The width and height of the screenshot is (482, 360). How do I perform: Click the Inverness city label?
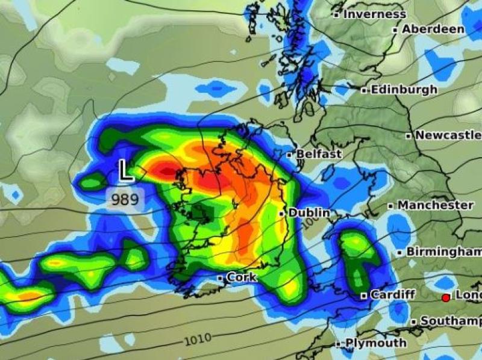point(375,14)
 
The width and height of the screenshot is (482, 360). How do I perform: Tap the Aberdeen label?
point(433,29)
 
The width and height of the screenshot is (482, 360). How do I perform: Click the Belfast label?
point(318,154)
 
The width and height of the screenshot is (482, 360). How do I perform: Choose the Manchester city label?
point(435,205)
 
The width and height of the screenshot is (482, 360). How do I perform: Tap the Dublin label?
point(309,213)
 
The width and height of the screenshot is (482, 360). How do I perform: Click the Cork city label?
point(242,278)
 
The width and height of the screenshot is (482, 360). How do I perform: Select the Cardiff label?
point(393,295)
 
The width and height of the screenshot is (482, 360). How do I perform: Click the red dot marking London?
point(446,297)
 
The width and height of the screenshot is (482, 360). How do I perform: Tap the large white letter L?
point(125,171)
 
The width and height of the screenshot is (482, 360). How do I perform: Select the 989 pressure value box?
point(125,199)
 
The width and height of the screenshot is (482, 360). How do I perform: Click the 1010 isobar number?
point(197,340)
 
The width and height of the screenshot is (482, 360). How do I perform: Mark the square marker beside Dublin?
point(282,213)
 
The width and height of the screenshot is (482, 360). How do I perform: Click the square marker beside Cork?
point(221,278)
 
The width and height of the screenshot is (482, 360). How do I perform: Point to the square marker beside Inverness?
point(336,14)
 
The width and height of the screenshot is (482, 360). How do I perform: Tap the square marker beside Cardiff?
point(364,296)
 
